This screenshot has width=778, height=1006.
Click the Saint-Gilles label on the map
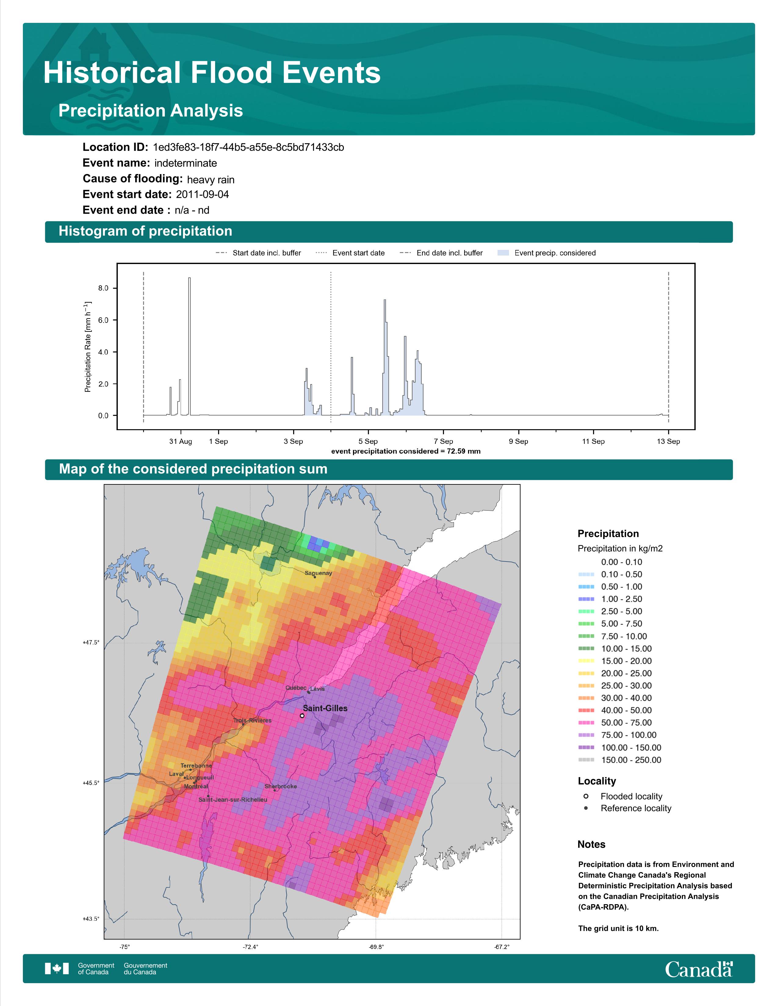(x=325, y=708)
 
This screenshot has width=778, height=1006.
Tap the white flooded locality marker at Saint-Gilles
(x=302, y=716)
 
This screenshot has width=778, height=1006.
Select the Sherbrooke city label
(x=281, y=786)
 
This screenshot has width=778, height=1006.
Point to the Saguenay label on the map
(x=319, y=573)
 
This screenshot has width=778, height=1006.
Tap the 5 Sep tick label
(x=368, y=441)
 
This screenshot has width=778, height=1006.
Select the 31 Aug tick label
(x=181, y=441)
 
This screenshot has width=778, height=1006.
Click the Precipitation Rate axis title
(x=88, y=347)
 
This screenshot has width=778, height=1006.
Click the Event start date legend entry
(x=350, y=253)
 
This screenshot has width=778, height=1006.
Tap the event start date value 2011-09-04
(x=202, y=194)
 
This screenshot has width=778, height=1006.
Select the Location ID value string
(x=248, y=148)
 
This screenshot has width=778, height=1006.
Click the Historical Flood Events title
(x=212, y=73)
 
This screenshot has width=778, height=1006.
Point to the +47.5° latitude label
(x=91, y=642)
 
